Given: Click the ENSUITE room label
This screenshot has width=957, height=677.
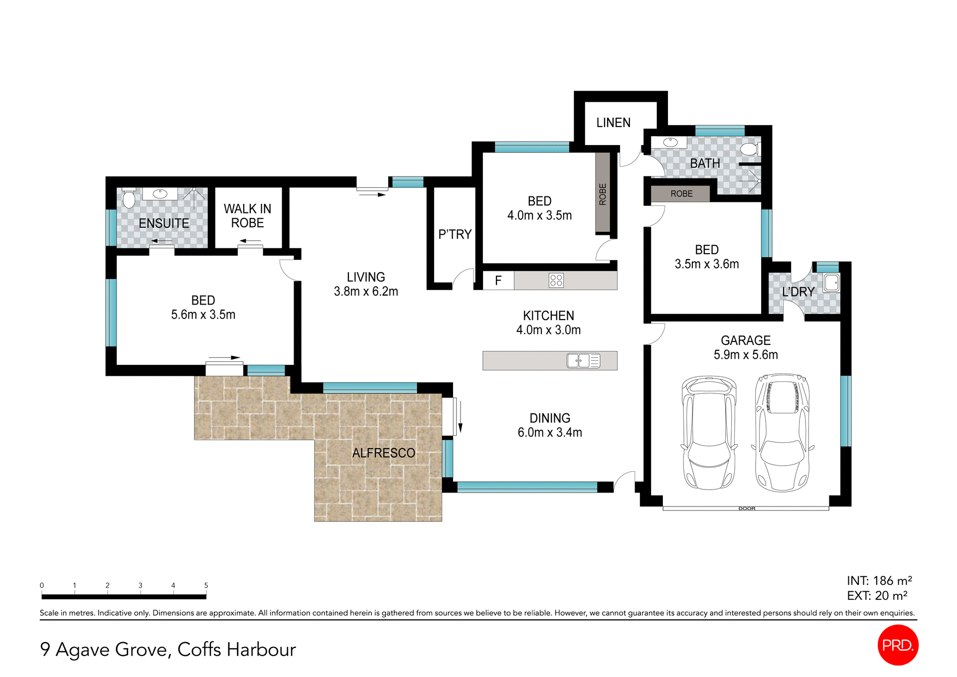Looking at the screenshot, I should [x=163, y=223].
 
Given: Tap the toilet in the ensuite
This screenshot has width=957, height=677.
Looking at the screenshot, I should [x=129, y=198].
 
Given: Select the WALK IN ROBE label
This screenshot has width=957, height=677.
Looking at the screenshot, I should [x=247, y=216].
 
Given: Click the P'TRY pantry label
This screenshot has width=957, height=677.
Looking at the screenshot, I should [x=455, y=234].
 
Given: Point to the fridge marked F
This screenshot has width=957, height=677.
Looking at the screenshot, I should [x=498, y=281].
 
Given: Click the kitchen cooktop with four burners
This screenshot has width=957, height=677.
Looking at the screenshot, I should [x=556, y=280].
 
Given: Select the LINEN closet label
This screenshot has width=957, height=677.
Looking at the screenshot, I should [x=613, y=123].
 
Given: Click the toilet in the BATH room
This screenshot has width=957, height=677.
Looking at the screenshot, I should [x=749, y=149].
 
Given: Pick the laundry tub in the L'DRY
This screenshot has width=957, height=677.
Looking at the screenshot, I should [x=831, y=283].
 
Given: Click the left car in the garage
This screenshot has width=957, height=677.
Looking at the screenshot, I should [x=709, y=433].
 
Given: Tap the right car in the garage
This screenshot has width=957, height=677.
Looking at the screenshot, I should [x=783, y=433].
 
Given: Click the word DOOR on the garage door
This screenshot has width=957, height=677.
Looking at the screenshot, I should [x=747, y=508].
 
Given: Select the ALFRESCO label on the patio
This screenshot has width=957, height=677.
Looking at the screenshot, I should [x=383, y=453].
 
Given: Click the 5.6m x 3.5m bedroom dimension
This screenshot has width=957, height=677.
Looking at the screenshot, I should [x=203, y=315].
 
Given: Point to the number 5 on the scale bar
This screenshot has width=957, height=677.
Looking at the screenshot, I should [x=206, y=585].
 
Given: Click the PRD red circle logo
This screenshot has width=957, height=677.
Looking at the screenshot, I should [x=897, y=645].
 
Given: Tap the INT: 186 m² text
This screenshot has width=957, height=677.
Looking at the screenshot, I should [x=879, y=581].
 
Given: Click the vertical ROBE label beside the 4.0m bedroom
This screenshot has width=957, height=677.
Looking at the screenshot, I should [x=603, y=194].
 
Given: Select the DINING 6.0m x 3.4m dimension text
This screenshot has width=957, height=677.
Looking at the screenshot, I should [x=549, y=432].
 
